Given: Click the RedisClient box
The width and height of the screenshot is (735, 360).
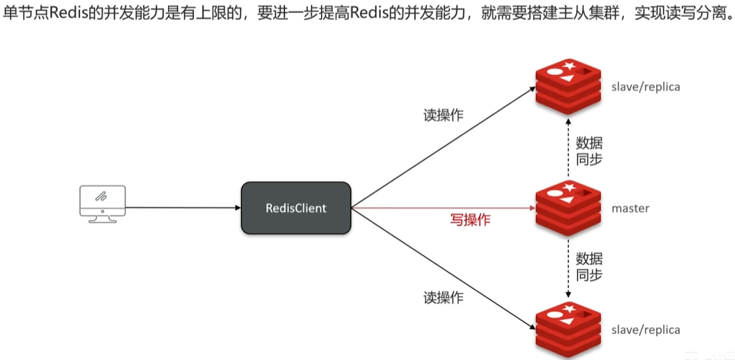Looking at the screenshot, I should tap(296, 208).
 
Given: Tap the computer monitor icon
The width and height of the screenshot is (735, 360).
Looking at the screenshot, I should tap(102, 203).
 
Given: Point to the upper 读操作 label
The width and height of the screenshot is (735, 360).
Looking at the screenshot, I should tap(443, 115).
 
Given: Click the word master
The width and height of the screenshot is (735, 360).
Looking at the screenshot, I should tap(630, 208).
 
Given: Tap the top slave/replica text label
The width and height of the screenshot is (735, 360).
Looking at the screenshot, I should tap(646, 87).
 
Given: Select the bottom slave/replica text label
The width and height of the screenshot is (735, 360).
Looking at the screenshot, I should tap(646, 330).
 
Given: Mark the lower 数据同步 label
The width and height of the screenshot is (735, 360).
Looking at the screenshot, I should tap(589, 266).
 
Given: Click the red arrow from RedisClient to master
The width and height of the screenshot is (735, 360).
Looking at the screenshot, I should tap(440, 208).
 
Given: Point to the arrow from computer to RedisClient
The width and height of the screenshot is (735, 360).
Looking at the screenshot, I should tap(184, 208).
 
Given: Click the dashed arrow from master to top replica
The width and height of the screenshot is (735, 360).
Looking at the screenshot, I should tap(568, 148).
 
